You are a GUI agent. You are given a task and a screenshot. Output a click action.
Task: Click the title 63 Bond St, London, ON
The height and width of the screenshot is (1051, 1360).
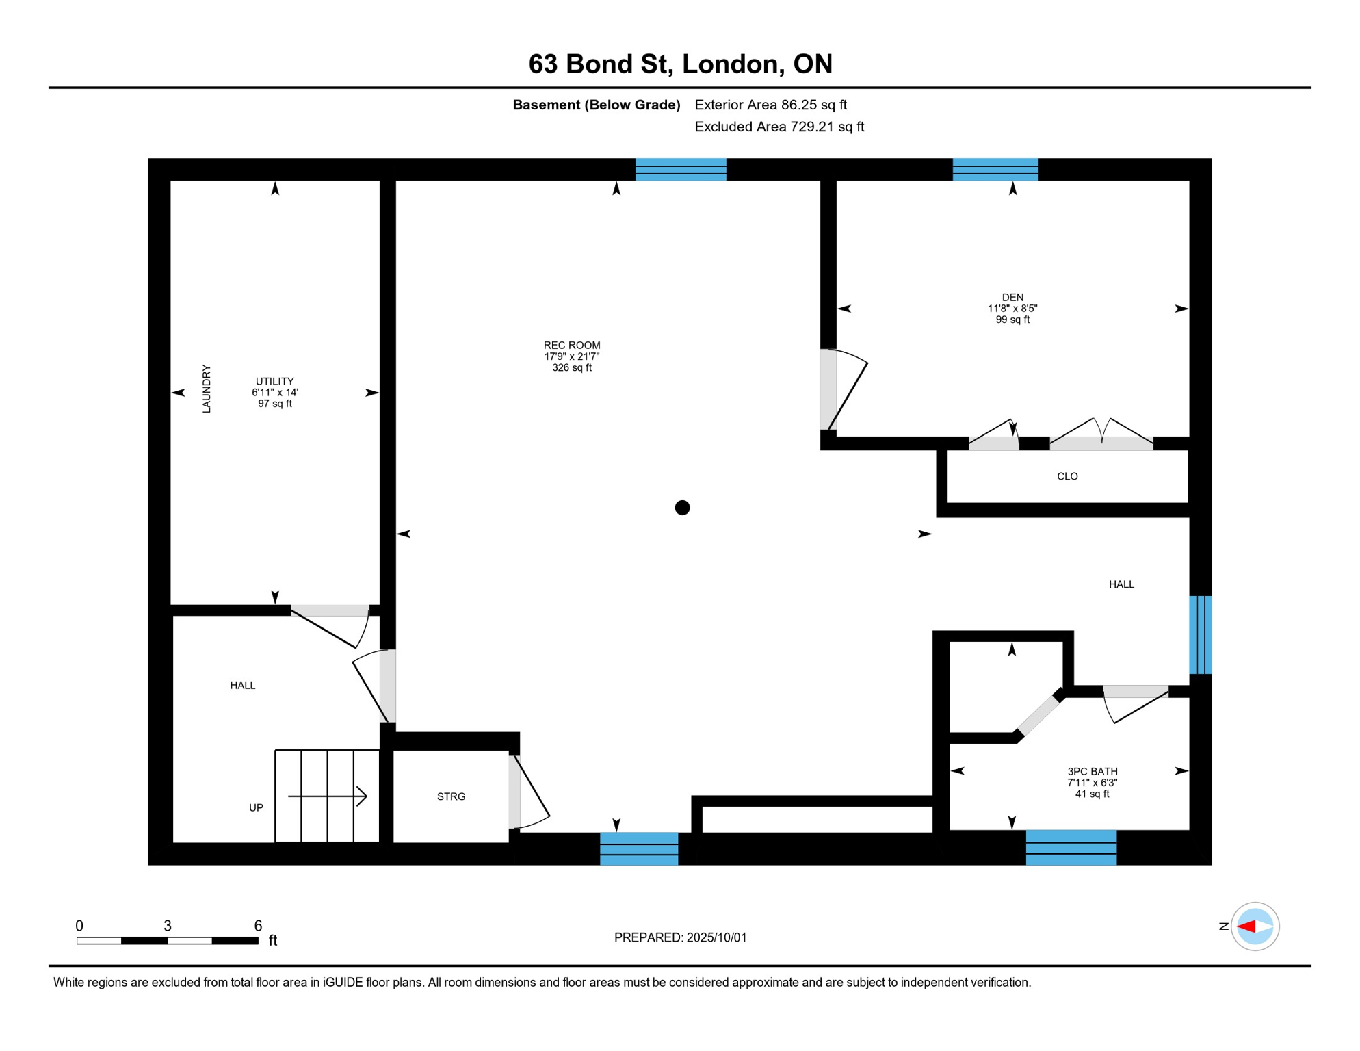(x=680, y=64)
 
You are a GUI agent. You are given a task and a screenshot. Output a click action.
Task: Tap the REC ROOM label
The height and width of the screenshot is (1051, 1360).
(x=572, y=346)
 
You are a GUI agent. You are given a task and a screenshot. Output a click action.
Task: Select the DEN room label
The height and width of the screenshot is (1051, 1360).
(x=1012, y=297)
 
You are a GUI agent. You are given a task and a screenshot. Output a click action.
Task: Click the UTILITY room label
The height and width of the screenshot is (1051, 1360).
(x=274, y=381)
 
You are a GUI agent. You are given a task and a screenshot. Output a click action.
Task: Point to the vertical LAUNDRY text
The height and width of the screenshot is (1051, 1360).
(x=207, y=389)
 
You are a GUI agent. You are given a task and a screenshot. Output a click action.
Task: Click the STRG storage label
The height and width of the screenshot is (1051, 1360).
(x=451, y=796)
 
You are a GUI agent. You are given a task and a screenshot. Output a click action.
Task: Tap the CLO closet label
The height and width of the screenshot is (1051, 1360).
(x=1067, y=476)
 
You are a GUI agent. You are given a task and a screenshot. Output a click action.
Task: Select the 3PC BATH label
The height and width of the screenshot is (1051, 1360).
(x=1093, y=772)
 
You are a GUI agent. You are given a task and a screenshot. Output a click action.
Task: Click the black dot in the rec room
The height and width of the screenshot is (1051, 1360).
(x=682, y=508)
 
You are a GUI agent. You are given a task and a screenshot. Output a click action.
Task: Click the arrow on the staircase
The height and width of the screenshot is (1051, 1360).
(x=328, y=796)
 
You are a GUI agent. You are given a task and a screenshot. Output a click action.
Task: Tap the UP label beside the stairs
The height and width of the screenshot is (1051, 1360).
(x=256, y=807)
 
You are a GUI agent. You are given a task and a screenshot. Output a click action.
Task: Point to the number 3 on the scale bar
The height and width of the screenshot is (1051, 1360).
(x=168, y=926)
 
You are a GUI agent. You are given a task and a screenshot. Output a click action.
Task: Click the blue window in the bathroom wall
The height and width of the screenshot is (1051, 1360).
(x=1071, y=848)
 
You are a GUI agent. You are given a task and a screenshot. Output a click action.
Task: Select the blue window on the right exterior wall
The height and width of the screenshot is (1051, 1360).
(x=1201, y=635)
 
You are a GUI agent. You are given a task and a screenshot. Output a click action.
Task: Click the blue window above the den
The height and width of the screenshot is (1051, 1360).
(x=995, y=170)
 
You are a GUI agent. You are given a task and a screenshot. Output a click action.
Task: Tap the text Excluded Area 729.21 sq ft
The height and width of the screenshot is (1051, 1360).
(x=779, y=127)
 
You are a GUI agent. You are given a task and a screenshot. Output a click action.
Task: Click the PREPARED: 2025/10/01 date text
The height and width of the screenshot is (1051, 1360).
(x=681, y=937)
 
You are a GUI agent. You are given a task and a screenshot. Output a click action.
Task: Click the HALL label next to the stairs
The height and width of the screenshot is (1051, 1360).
(x=243, y=685)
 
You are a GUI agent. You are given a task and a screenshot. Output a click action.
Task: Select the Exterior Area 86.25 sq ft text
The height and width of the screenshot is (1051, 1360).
(x=771, y=105)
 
